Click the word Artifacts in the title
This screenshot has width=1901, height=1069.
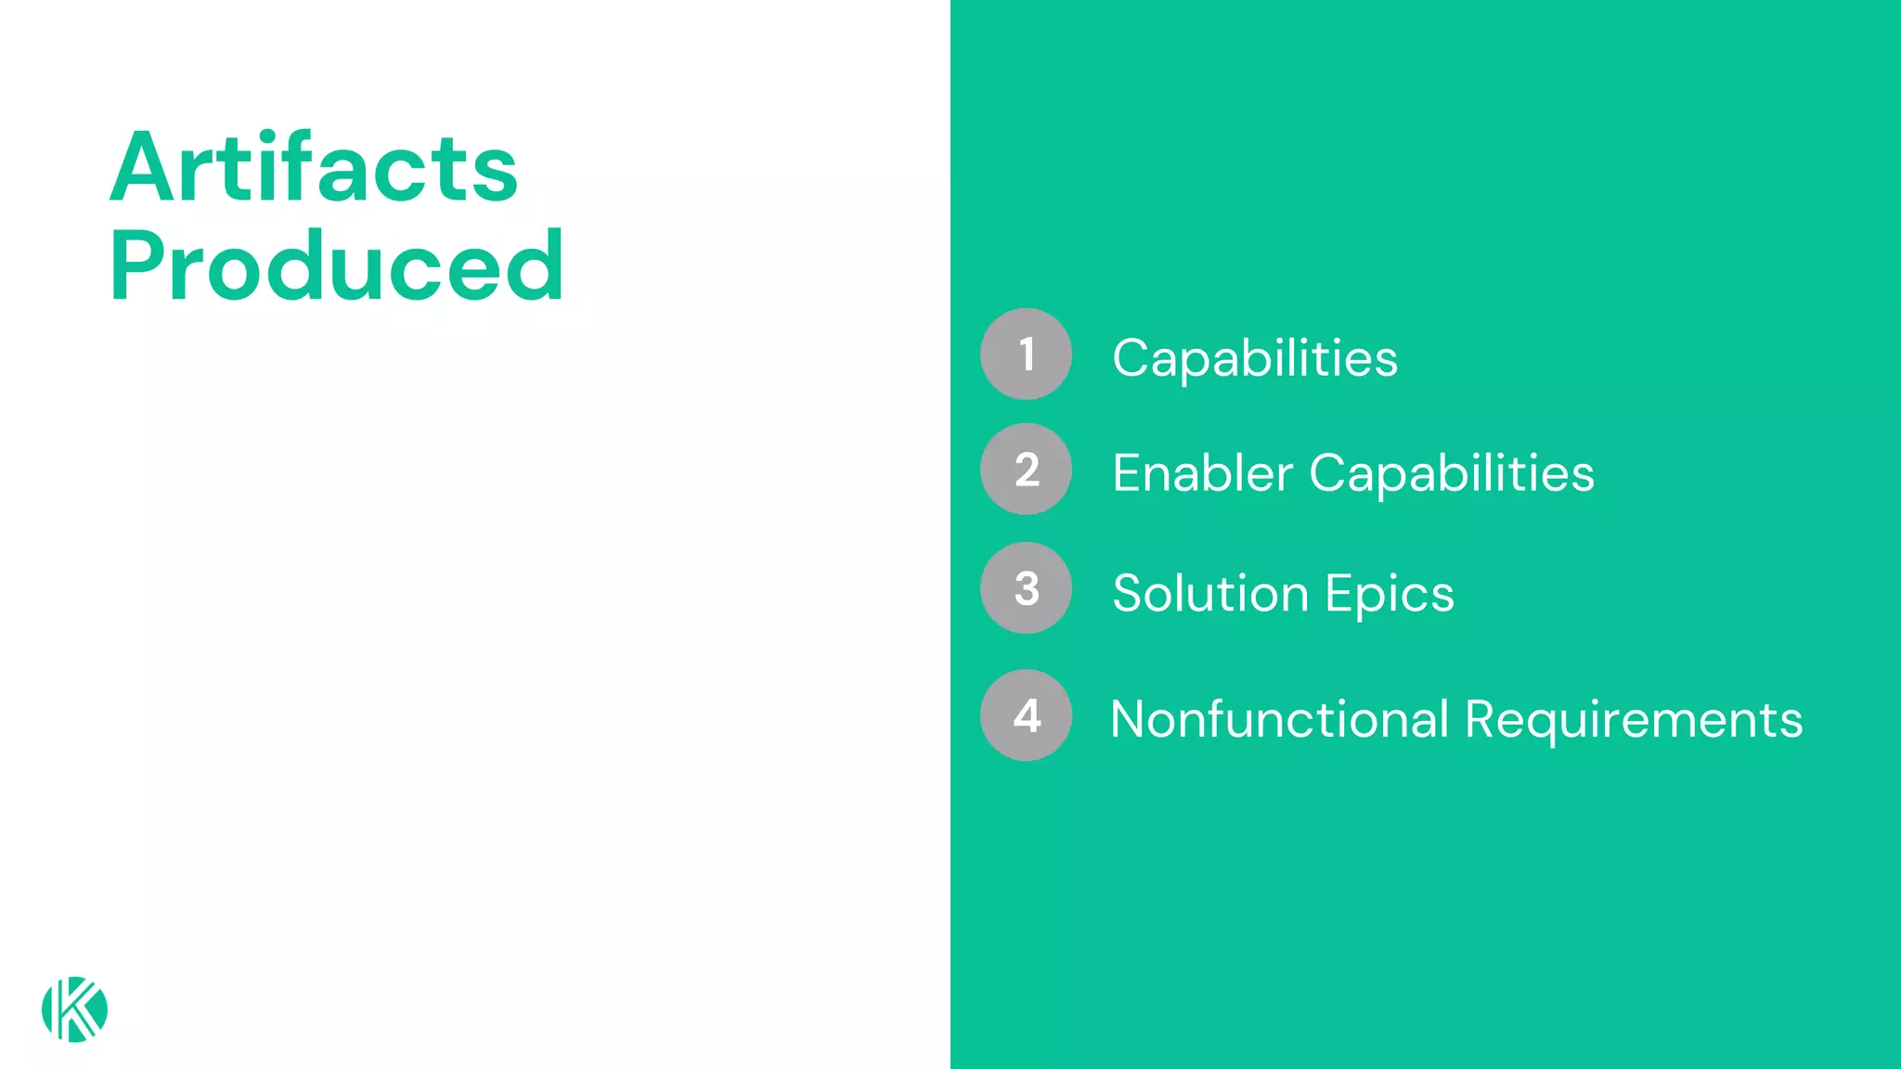click(314, 168)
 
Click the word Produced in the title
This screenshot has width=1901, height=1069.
click(336, 267)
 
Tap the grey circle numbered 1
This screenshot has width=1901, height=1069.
click(1026, 354)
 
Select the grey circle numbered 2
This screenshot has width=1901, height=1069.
click(1026, 470)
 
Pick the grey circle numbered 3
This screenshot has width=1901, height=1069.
click(1026, 588)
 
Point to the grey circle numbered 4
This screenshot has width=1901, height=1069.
click(1026, 715)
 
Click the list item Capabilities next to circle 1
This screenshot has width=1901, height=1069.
click(1254, 358)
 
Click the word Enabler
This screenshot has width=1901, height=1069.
click(1203, 473)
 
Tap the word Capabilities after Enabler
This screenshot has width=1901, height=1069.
click(1452, 473)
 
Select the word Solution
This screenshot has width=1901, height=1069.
click(1210, 593)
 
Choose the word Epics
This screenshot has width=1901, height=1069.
click(1390, 594)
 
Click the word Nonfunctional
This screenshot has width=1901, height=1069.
click(1279, 719)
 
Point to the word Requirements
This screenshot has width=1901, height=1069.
click(1634, 719)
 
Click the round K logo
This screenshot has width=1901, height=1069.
click(74, 1010)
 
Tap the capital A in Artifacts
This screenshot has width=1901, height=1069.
click(141, 169)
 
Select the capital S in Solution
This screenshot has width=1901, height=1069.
click(1128, 593)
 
